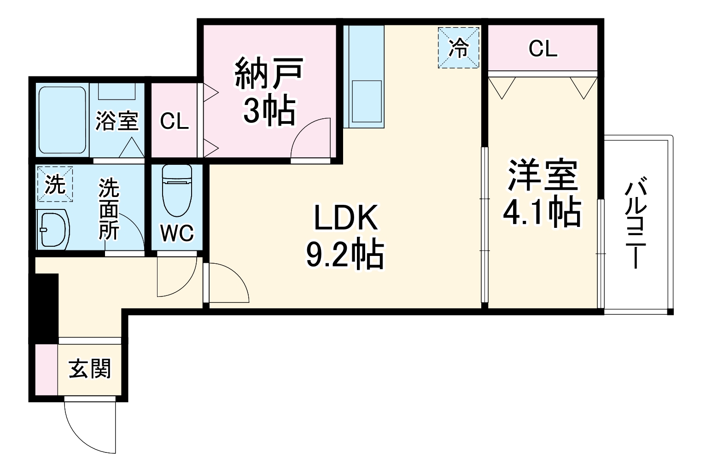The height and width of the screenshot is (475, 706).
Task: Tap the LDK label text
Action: click(346, 218)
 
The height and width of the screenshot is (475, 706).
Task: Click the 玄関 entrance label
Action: click(90, 369)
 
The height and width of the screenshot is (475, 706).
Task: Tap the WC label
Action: click(177, 233)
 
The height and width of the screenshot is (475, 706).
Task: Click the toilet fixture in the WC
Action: click(177, 190)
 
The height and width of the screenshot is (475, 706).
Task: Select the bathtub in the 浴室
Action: click(63, 120)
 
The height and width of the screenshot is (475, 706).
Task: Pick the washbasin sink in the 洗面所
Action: click(53, 229)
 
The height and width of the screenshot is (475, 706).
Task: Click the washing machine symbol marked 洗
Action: click(55, 184)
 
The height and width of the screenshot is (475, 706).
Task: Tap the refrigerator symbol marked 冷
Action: click(459, 48)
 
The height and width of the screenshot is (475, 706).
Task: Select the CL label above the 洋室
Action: click(543, 48)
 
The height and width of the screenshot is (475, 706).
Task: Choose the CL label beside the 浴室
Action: click(174, 121)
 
